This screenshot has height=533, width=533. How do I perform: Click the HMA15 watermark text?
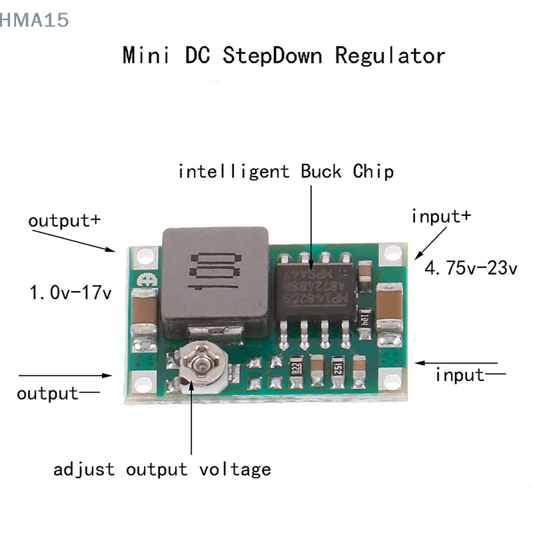click(35, 20)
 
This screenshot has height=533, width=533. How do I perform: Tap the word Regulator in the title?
click(390, 55)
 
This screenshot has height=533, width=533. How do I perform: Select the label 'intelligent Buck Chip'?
click(286, 172)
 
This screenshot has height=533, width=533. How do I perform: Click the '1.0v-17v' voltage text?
click(70, 292)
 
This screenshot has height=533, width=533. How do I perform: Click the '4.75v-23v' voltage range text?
click(472, 269)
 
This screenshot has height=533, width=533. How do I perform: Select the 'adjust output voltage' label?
click(163, 469)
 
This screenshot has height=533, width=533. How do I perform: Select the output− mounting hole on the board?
click(142, 384)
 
